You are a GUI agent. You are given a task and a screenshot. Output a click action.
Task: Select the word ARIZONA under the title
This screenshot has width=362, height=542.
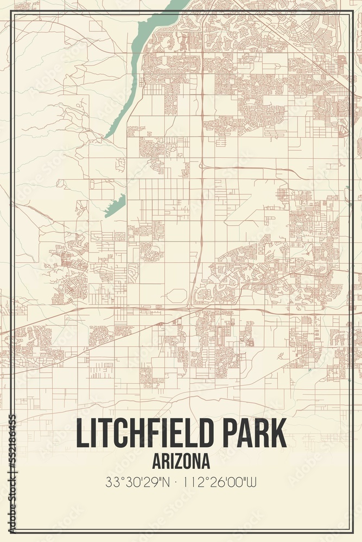click(181, 461)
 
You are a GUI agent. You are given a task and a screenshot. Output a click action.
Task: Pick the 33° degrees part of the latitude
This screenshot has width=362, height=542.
click(112, 481)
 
